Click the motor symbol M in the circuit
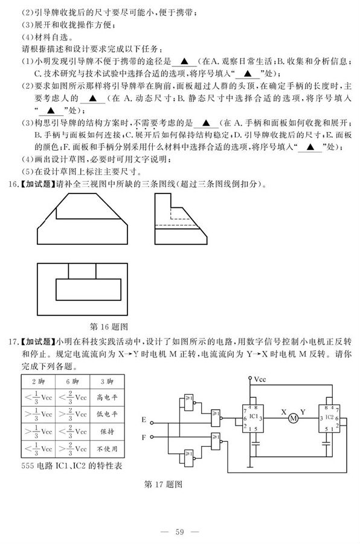(294, 418)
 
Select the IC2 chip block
(329, 418)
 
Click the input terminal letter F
(143, 435)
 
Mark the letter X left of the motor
(281, 413)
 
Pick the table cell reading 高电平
(106, 398)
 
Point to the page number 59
(179, 531)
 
